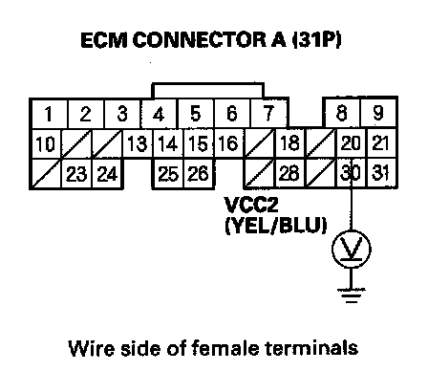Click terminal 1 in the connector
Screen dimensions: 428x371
49,114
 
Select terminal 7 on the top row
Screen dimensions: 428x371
268,114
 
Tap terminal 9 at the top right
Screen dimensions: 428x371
378,112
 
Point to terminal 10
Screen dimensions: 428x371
46,143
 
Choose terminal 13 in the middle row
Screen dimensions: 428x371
138,143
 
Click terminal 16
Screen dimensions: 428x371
228,143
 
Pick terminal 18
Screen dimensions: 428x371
289,143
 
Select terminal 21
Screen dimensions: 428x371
381,142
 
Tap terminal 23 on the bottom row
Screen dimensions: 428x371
76,174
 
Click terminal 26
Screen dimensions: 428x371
199,174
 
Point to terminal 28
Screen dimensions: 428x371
289,173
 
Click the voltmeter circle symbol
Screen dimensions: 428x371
352,249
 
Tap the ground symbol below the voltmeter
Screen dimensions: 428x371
352,295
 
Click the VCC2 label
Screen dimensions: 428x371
251,205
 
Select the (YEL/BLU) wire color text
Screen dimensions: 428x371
276,226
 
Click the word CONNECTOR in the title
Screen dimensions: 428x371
200,40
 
